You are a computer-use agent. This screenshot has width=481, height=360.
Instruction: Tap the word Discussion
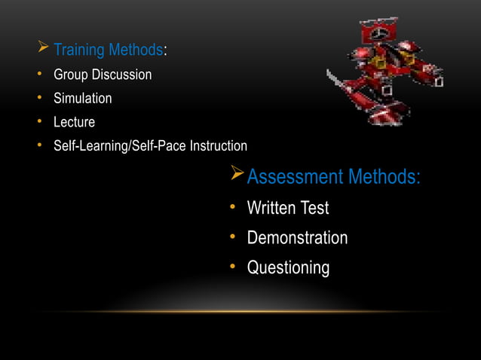click(x=121, y=75)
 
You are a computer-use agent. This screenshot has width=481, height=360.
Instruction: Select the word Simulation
click(x=82, y=99)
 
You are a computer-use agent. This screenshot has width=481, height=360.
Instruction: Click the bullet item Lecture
click(x=74, y=122)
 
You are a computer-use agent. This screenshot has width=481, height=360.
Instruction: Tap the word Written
click(x=272, y=208)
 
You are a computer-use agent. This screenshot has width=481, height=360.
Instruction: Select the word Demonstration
click(x=297, y=238)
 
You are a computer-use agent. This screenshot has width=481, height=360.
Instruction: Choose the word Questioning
click(x=288, y=268)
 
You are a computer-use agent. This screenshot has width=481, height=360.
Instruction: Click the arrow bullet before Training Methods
click(x=43, y=50)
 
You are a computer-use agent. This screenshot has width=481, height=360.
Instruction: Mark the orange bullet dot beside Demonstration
click(x=234, y=238)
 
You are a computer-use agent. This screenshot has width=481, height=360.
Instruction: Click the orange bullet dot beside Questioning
click(x=234, y=268)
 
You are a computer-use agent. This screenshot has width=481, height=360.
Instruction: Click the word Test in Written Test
click(x=315, y=208)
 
